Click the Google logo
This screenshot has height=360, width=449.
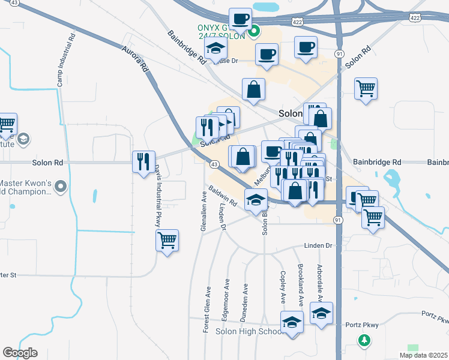coord(20,353)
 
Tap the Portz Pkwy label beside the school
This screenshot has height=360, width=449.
coord(362,325)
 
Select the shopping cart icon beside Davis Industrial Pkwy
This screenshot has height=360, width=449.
coord(167,240)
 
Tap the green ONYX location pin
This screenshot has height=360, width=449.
coord(254,31)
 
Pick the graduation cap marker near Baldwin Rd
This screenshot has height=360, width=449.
coord(256,199)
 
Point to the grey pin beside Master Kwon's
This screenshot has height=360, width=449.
coord(60,188)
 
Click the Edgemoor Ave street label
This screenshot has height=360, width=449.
coord(226,294)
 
